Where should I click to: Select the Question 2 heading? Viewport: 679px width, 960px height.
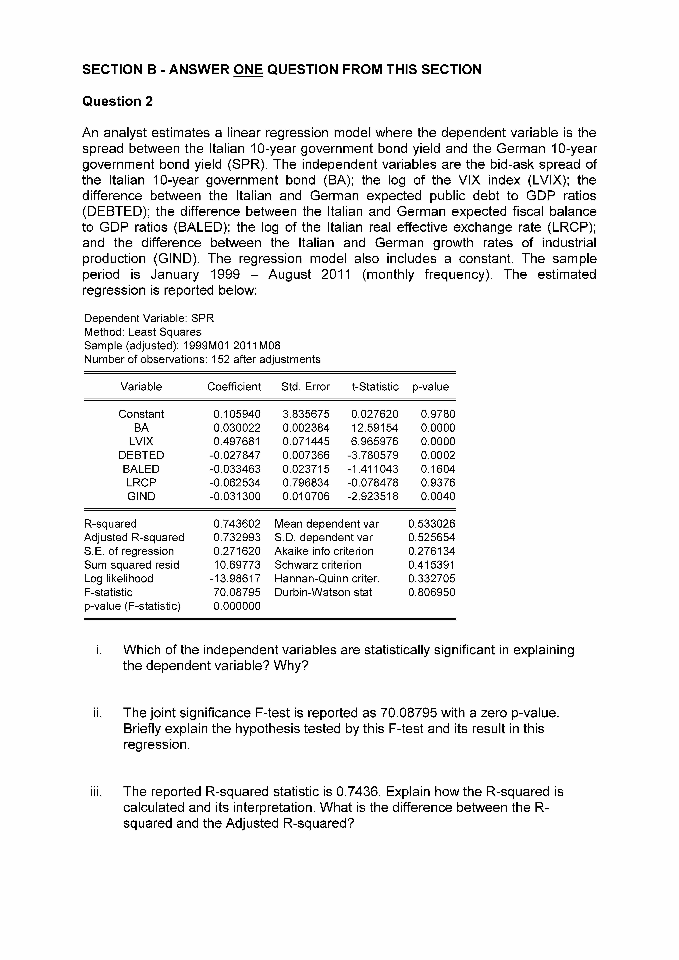[117, 101]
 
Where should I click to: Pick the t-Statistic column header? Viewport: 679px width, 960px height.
[375, 387]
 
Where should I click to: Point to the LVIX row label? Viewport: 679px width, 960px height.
[141, 442]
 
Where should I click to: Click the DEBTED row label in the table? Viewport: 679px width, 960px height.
[141, 455]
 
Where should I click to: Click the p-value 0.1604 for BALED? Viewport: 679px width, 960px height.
[438, 469]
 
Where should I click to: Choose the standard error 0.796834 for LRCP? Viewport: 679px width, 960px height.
[306, 483]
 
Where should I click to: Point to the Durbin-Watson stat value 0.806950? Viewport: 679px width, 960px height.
[432, 593]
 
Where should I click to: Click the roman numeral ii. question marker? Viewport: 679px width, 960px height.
[97, 713]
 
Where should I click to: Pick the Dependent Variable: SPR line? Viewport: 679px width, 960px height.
[149, 319]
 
